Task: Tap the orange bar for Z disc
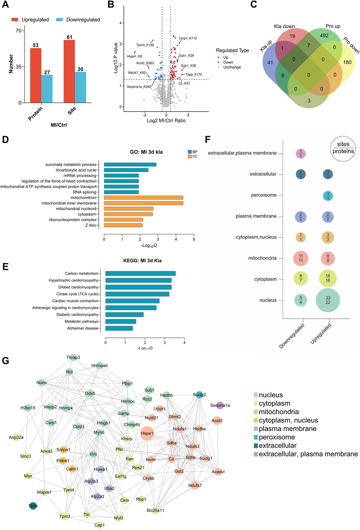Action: pos(123,225)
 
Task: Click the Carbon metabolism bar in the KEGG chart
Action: pos(140,274)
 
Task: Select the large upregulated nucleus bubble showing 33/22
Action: pos(327,301)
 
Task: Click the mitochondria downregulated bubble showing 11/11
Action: pos(303,258)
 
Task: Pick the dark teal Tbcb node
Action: pos(33,507)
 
